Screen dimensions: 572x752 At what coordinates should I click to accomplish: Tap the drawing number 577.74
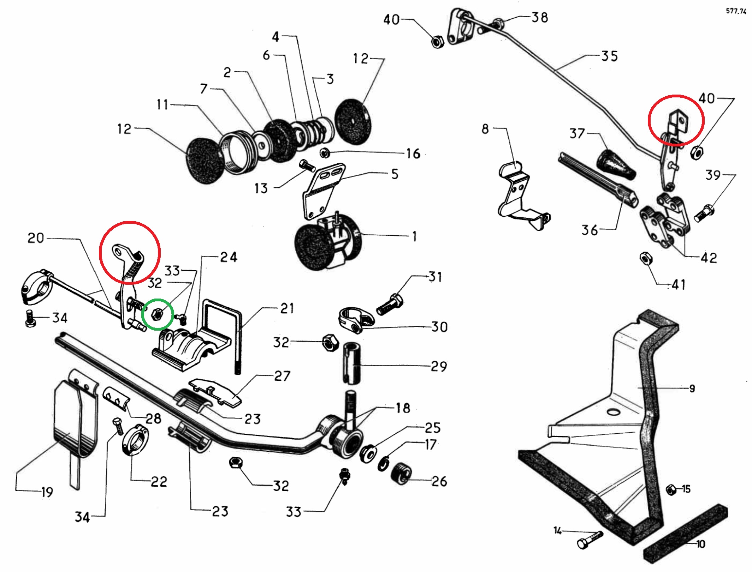736,11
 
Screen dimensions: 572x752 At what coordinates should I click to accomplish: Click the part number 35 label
610,56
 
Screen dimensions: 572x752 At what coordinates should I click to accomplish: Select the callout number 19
47,492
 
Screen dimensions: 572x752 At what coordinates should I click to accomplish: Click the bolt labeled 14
589,540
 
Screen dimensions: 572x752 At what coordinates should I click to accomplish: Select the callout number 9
692,389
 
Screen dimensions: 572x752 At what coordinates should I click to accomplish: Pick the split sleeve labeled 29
352,362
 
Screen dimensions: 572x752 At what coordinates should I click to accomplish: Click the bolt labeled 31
390,305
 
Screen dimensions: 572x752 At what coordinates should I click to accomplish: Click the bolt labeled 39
704,213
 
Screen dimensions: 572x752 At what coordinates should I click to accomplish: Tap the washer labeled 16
325,153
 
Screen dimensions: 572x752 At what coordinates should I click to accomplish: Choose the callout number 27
282,376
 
